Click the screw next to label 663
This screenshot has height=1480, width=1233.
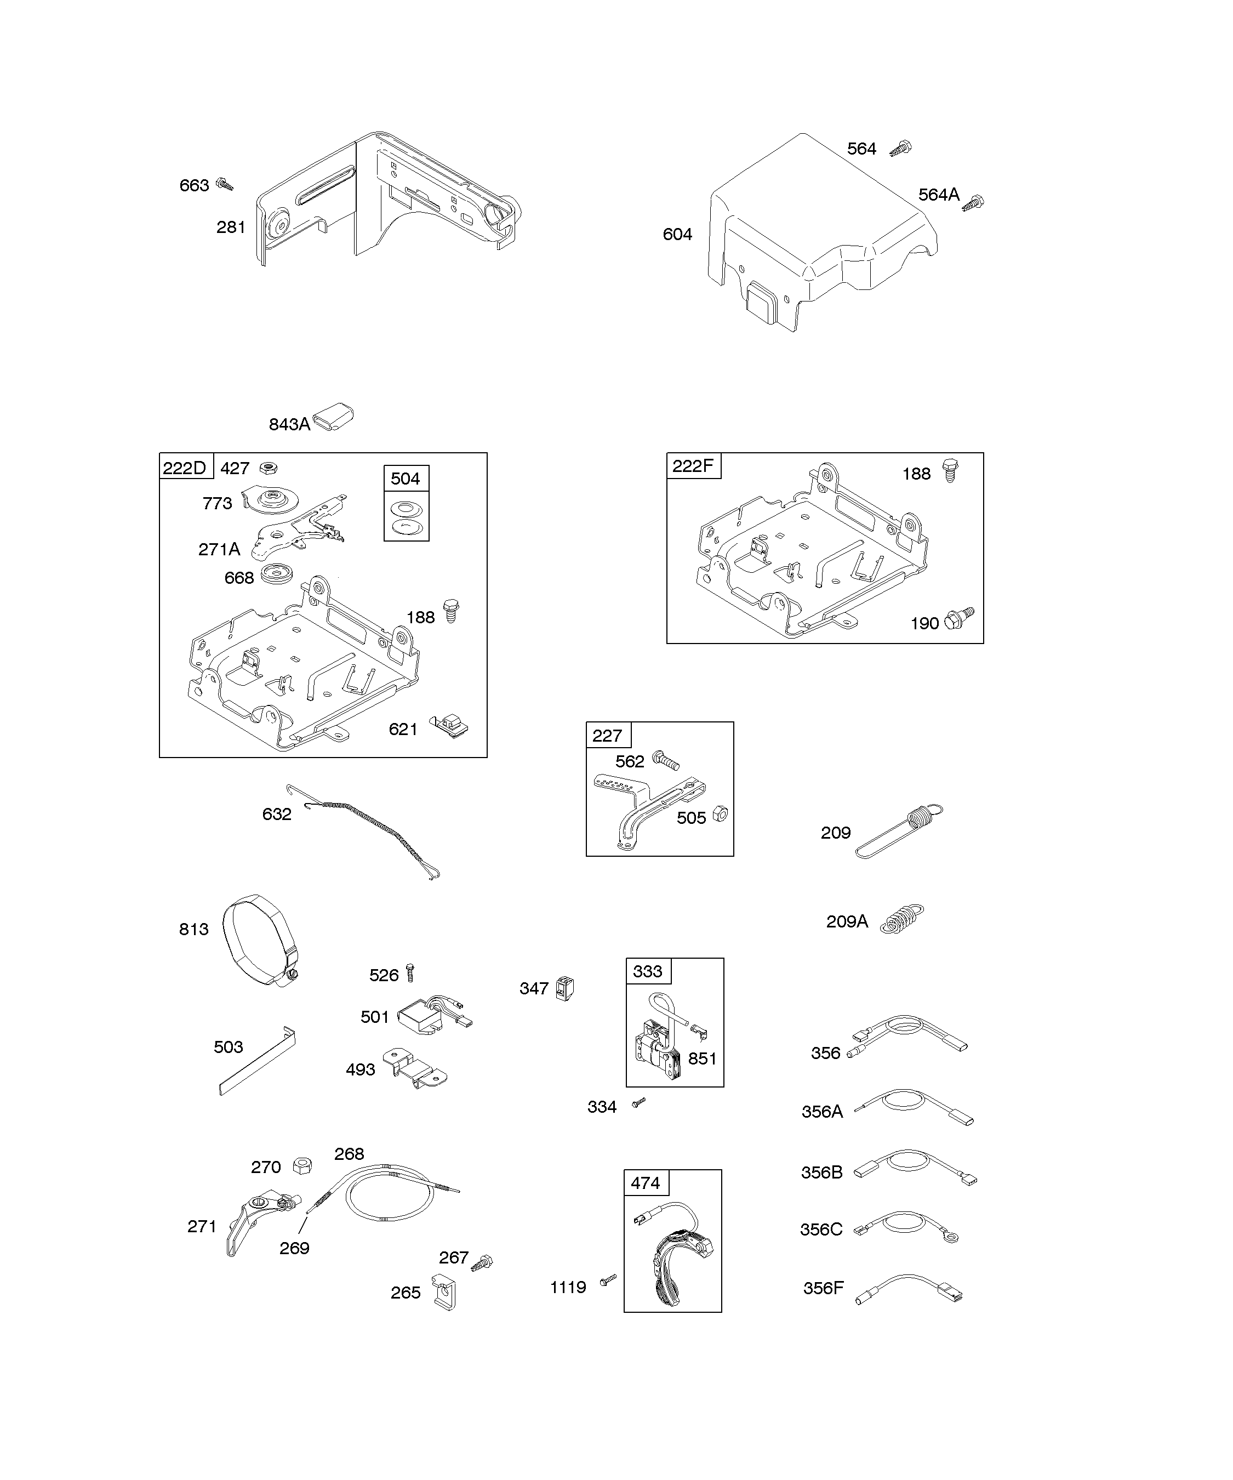point(225,185)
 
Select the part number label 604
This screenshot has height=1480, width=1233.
point(677,235)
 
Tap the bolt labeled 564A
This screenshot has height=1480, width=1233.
point(973,203)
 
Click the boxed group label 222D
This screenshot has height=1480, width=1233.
point(185,468)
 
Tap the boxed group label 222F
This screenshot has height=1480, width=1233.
point(693,466)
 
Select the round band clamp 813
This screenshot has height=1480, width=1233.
point(259,941)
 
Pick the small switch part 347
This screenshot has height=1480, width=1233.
point(565,988)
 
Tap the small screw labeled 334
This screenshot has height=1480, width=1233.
point(638,1103)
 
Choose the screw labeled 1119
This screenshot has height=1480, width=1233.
point(608,1280)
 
